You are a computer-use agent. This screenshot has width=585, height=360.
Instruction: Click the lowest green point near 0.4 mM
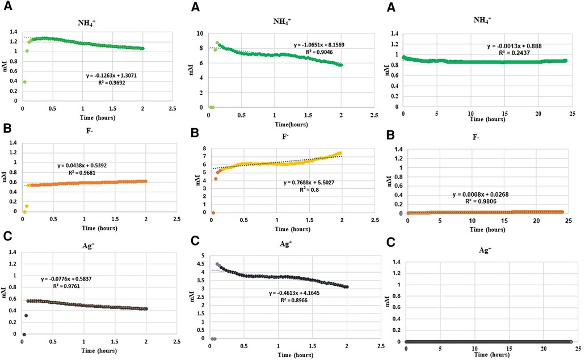24,82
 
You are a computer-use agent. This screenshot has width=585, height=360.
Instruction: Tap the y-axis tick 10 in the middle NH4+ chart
200,33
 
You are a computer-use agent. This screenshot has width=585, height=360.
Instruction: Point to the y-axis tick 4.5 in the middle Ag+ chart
200,256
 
